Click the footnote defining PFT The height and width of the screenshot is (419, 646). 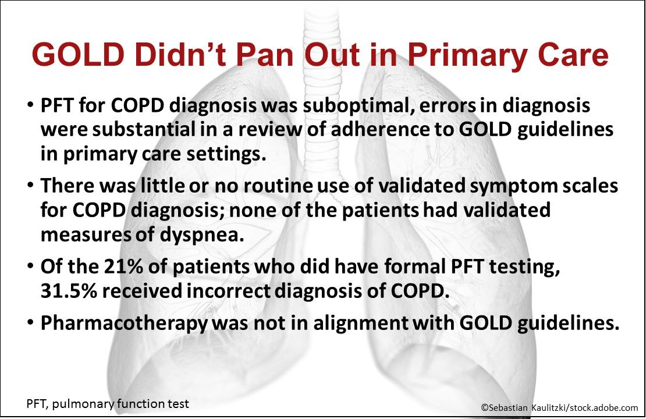(x=108, y=404)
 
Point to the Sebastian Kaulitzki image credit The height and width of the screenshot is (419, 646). (x=559, y=408)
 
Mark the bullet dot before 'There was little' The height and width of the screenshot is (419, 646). (x=30, y=187)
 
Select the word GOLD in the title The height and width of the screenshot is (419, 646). (x=70, y=56)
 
